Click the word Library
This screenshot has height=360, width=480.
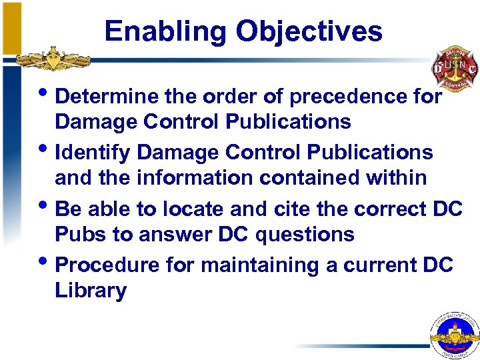click(x=91, y=291)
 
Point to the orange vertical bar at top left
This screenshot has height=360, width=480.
click(x=10, y=27)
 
